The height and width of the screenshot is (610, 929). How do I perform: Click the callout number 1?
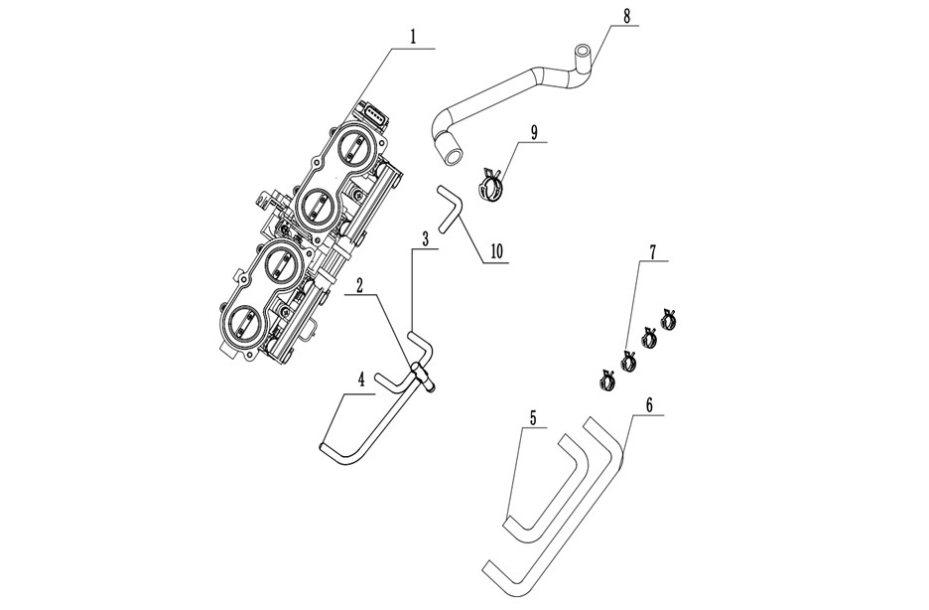click(414, 38)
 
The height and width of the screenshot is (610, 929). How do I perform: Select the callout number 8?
click(627, 17)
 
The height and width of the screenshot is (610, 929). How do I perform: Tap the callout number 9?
click(534, 132)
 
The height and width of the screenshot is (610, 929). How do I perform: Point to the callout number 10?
click(495, 251)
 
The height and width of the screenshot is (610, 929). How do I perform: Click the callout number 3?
click(425, 239)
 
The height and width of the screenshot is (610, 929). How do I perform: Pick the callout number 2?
click(359, 287)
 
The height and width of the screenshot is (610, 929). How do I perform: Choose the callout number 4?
click(360, 382)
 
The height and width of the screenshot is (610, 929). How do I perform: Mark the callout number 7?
click(652, 250)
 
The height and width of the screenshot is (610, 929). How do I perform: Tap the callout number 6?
click(649, 406)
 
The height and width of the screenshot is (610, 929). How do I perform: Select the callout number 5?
click(533, 418)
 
